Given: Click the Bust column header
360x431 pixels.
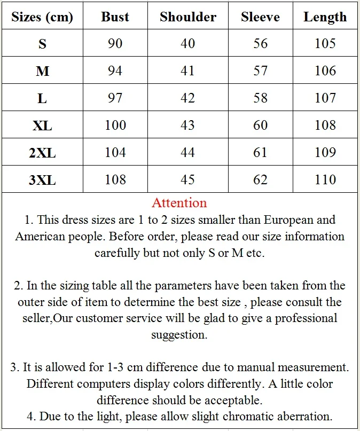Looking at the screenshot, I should point(115,17).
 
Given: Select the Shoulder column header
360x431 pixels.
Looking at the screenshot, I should point(188,17).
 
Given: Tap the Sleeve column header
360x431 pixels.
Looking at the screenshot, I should point(260,17).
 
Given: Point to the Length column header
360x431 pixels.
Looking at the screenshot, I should point(325,17).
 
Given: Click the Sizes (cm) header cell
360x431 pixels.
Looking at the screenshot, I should point(42,17).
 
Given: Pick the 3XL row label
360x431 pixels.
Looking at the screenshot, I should point(42,180).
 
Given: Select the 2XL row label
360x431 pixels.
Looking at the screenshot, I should point(42,153).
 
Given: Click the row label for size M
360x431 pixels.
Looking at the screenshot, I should point(42,71).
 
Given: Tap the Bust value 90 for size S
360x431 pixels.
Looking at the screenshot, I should point(115,43).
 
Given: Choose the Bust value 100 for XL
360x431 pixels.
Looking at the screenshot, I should point(115,126).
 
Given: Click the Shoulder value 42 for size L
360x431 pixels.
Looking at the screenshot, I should point(188,98).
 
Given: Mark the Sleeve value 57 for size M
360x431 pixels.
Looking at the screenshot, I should point(260,71).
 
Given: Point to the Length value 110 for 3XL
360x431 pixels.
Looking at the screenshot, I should point(325,180).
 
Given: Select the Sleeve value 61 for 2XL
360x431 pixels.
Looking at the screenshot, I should point(260,153).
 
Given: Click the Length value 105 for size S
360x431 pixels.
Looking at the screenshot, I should point(325,43).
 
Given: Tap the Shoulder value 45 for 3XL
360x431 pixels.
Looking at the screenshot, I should point(188,180).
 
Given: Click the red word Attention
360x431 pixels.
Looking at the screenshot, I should point(179,203).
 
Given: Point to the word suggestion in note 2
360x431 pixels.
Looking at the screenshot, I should point(179,335).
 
